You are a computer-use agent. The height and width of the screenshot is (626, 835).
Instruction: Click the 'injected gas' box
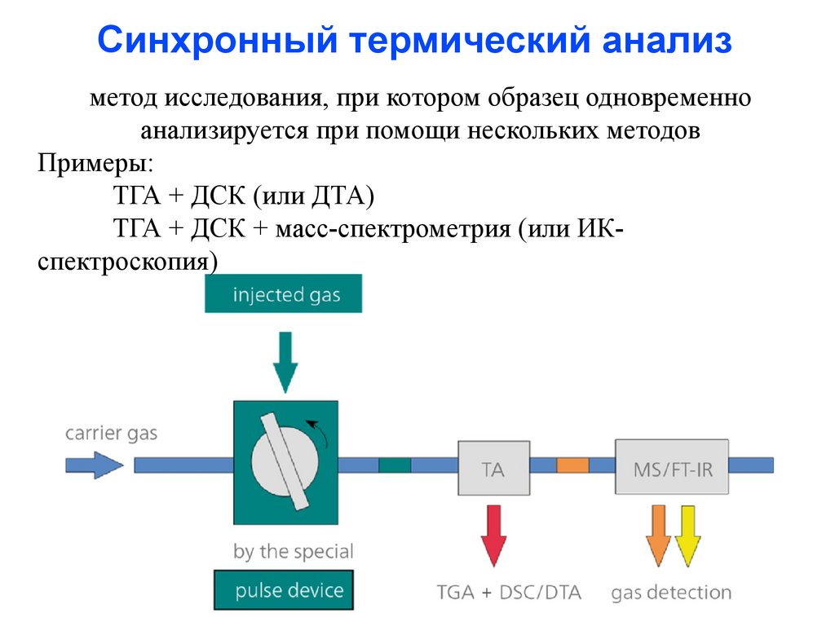(283, 293)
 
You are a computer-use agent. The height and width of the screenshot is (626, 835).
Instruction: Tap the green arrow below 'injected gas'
(285, 362)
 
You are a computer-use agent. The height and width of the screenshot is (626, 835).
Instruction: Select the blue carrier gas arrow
(95, 465)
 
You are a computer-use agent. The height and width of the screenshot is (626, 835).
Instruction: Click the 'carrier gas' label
(111, 434)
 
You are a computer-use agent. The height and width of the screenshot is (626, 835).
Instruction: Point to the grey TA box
(493, 468)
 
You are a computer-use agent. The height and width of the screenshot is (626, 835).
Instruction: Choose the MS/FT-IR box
(672, 467)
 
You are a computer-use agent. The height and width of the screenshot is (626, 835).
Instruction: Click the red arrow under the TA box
(493, 536)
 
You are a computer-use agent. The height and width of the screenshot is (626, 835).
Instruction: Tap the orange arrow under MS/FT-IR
(658, 536)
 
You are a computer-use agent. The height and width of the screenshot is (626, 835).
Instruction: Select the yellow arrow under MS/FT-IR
(687, 536)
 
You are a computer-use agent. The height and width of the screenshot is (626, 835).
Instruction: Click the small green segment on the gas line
(395, 465)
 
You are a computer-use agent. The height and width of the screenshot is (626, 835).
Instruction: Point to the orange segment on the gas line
(572, 465)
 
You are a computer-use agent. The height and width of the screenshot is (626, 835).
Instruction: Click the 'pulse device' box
(284, 590)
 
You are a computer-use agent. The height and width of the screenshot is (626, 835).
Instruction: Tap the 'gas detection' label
(671, 593)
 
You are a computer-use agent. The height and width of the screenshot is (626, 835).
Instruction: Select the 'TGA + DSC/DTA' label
(509, 592)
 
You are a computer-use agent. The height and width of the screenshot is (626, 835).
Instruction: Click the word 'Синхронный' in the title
(218, 40)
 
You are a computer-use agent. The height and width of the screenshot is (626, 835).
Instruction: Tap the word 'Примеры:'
(95, 163)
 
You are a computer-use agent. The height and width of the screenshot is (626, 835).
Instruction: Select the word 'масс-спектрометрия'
(393, 229)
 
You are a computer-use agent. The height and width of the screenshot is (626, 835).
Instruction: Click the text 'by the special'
(294, 552)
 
